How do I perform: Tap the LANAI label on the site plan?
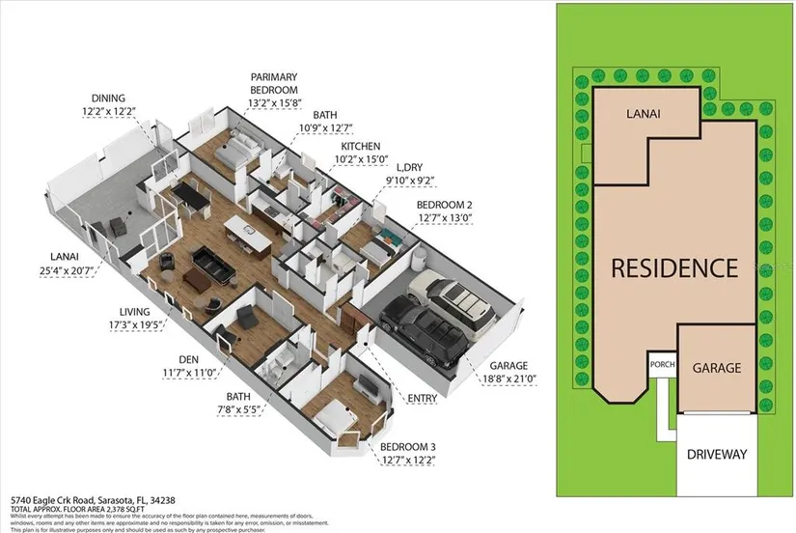(645, 113)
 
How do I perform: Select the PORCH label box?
(661, 365)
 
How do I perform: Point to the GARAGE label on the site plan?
(717, 368)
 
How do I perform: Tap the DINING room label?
(109, 98)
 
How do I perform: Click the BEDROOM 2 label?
(444, 204)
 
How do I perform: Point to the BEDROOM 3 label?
(409, 446)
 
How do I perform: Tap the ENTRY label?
(423, 398)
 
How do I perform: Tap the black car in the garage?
(424, 334)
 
